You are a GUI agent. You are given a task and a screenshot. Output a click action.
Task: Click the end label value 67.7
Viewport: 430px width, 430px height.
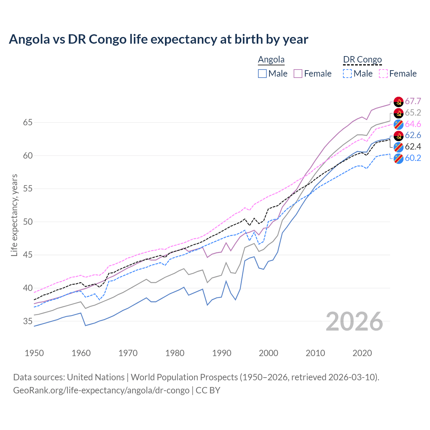[413, 101]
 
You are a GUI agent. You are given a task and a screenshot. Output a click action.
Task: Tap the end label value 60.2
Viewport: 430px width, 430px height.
[413, 158]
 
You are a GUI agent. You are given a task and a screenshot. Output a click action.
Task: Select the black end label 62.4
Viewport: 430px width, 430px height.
[413, 146]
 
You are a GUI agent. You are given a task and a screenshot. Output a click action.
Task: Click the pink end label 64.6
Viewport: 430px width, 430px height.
[413, 124]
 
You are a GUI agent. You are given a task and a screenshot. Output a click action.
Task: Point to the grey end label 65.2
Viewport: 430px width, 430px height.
[413, 113]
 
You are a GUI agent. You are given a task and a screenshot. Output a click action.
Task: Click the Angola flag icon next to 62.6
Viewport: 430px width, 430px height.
[398, 135]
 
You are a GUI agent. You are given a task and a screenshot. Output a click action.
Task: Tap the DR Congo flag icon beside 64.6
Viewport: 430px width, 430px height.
[398, 124]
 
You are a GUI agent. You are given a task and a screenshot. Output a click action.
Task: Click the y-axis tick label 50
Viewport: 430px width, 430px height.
[28, 222]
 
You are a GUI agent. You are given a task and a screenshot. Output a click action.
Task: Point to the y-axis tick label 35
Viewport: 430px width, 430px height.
[28, 321]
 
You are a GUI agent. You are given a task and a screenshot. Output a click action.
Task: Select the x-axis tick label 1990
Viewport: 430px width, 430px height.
[222, 353]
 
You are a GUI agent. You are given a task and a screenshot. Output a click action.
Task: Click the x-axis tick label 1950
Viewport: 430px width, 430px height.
[34, 353]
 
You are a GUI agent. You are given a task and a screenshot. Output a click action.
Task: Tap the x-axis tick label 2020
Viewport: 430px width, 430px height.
[362, 353]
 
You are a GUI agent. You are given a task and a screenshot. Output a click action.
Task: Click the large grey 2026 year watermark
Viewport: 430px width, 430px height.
[354, 321]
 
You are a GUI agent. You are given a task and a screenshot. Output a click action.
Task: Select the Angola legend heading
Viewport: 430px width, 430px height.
[271, 59]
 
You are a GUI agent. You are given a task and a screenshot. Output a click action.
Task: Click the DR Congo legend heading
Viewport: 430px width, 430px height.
[362, 59]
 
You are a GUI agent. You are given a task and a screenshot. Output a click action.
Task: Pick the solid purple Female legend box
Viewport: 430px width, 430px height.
[298, 74]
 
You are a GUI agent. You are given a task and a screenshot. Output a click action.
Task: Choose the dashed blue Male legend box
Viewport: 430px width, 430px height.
[347, 74]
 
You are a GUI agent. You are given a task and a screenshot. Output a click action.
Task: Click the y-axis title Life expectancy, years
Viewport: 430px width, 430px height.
[14, 215]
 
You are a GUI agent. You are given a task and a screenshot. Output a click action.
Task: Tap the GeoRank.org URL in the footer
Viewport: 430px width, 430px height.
[101, 390]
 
